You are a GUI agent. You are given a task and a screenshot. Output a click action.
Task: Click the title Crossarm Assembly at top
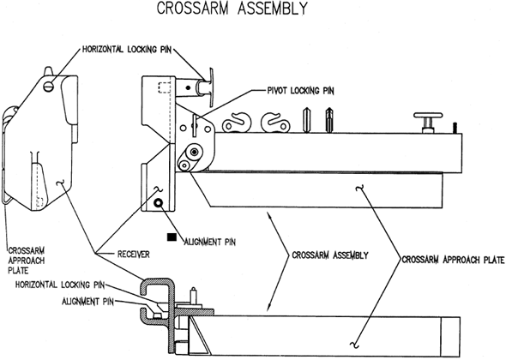pos(232,8)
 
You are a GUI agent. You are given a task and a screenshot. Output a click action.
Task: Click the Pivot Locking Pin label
pos(301,91)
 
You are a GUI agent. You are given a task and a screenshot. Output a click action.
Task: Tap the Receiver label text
pos(134,255)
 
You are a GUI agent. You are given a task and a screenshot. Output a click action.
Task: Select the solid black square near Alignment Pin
pos(172,237)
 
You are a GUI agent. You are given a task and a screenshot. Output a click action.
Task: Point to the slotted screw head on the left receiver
pos(48,87)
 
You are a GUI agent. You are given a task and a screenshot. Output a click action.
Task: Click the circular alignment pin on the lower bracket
pos(159,202)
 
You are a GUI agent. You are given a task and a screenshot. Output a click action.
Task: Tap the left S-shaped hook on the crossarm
pos(237,123)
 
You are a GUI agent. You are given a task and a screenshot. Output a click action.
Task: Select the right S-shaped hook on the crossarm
pos(275,123)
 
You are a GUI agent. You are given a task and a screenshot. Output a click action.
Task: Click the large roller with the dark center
pos(194,152)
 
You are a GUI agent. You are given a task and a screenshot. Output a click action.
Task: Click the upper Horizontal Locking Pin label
pos(127,50)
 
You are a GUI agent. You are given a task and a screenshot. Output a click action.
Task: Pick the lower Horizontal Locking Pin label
pos(60,285)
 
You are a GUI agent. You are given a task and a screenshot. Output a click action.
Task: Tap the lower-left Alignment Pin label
pos(87,302)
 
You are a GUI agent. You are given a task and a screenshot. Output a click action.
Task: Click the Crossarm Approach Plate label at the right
pos(453,260)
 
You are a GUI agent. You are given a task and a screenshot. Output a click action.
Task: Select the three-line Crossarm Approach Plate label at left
pos(27,261)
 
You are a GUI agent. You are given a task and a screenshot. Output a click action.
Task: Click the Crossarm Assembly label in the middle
pos(330,255)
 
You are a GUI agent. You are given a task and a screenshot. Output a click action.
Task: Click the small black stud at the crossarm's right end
pos(455,128)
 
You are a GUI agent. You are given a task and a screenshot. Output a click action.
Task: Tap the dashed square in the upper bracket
pos(164,87)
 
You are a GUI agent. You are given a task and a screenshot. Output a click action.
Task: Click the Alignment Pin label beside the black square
pos(209,242)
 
